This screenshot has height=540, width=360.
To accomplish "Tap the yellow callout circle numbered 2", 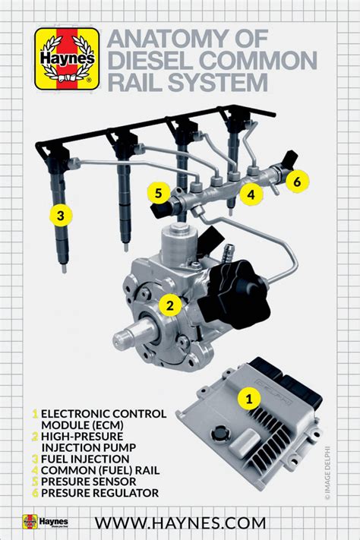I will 171,305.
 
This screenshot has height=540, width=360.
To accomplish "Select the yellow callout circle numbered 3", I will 61,215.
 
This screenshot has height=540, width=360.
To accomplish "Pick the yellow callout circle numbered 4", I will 248,193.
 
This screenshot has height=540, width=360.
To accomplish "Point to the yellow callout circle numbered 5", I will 158,193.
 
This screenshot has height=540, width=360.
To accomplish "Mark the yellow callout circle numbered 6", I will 297,181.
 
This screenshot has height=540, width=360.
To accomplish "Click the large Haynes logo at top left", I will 67,59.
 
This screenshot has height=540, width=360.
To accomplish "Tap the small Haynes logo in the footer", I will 46,522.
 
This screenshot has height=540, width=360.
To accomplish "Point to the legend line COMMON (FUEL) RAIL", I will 96,470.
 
